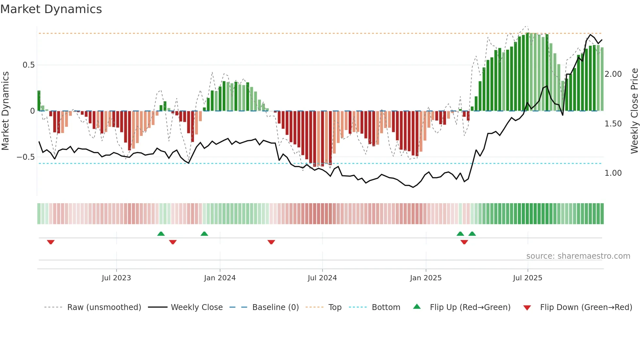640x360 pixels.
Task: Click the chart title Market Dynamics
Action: click(x=51, y=9)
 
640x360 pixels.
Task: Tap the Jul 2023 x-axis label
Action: click(x=116, y=278)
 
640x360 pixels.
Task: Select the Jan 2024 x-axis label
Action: click(x=220, y=278)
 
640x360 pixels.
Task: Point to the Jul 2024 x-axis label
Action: click(x=322, y=278)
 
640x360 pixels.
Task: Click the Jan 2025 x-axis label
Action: click(x=426, y=278)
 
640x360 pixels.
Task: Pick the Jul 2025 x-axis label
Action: click(x=527, y=278)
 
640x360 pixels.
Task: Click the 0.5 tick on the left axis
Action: click(x=28, y=65)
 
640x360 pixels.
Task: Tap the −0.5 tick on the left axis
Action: click(x=25, y=157)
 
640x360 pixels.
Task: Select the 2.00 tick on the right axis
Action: click(x=613, y=74)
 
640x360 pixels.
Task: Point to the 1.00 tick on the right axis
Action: click(x=613, y=173)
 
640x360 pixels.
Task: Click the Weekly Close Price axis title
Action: click(x=634, y=111)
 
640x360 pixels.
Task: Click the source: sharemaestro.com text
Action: click(x=578, y=256)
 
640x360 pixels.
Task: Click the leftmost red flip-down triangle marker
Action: click(x=51, y=242)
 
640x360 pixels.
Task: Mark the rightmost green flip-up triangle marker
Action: click(x=472, y=234)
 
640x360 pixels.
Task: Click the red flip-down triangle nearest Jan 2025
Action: click(x=464, y=242)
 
